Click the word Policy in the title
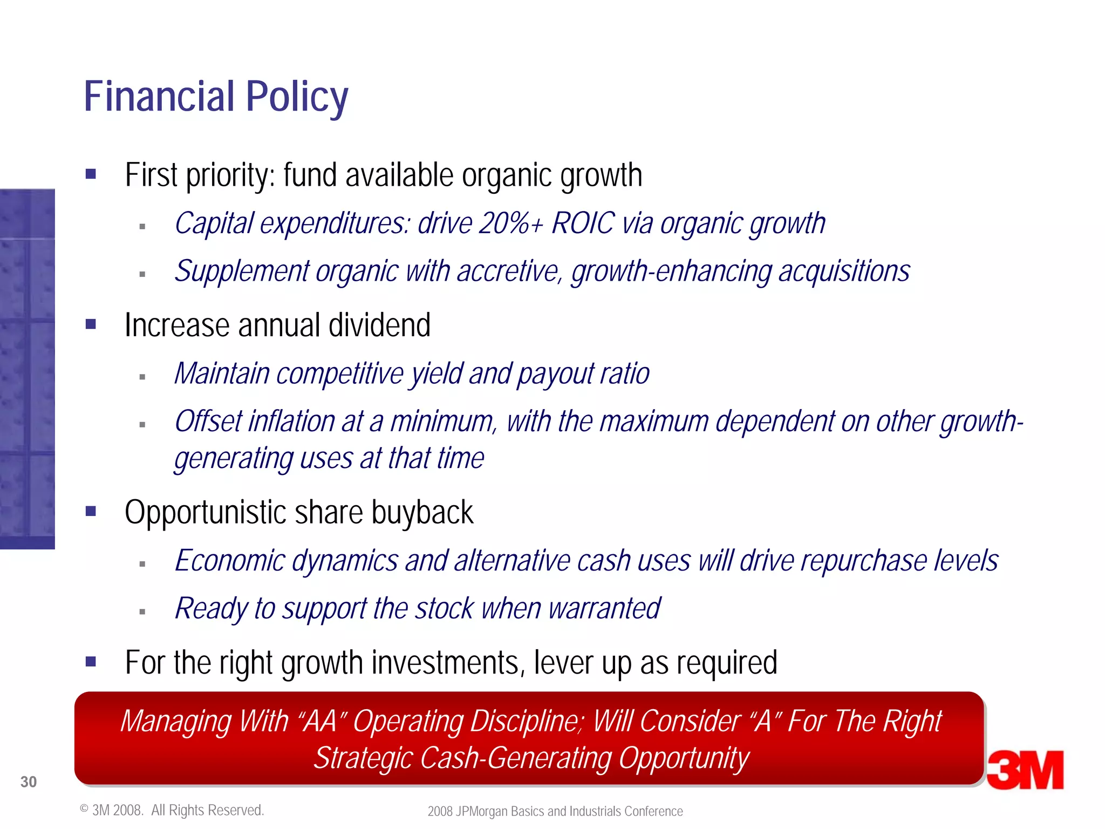(x=297, y=97)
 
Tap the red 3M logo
(x=1025, y=770)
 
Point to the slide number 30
(x=29, y=782)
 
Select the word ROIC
(x=583, y=223)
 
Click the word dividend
(x=379, y=325)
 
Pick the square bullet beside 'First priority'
(x=91, y=174)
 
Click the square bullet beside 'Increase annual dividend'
(x=91, y=324)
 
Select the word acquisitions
(x=844, y=271)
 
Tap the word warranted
(x=604, y=609)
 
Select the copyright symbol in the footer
(x=84, y=808)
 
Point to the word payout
(x=556, y=374)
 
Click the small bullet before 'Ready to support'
(x=142, y=612)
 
